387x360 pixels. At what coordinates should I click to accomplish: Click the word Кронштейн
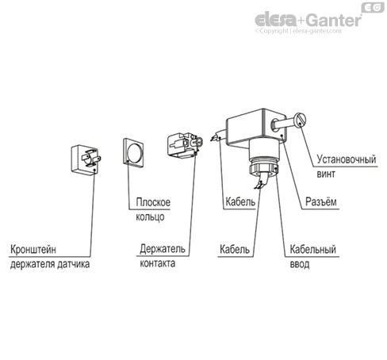pos(33,249)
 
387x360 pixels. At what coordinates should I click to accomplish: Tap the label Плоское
pos(153,202)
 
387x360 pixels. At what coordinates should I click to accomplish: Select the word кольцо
pos(150,217)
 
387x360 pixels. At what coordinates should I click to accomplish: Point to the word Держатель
pos(163,249)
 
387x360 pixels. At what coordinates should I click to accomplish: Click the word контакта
pos(158,263)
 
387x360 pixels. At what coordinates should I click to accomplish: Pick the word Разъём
pos(321,201)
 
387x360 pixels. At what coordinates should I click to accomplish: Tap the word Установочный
pos(347,159)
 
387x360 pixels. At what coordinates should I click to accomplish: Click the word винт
pos(326,174)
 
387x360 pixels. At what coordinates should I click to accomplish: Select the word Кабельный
pos(313,249)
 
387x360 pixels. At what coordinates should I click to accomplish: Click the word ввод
pos(300,264)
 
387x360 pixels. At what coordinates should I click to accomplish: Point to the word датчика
pos(73,264)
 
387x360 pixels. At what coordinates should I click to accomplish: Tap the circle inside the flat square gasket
pos(135,153)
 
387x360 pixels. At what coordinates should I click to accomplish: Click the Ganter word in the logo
pos(335,21)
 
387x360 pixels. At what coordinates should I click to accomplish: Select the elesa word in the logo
pos(276,20)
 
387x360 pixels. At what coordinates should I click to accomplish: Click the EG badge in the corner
pos(373,7)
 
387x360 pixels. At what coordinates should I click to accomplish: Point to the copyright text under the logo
pos(298,31)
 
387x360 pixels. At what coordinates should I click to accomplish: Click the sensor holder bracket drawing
pos(86,159)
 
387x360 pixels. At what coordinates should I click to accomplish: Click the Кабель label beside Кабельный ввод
pos(235,249)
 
